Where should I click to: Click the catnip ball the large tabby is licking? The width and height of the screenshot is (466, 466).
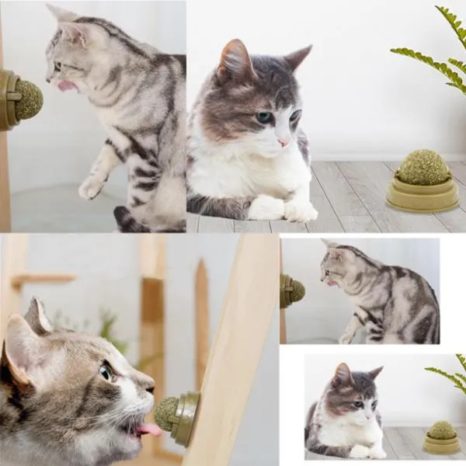click(29, 100)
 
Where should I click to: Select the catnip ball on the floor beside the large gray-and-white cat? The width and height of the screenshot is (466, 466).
click(423, 168)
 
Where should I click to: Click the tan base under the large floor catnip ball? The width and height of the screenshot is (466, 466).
click(423, 197)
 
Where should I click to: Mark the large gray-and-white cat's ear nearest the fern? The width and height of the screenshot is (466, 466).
click(297, 58)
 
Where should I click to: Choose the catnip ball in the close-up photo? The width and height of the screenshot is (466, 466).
click(166, 409)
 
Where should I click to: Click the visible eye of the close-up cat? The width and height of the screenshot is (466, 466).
click(105, 373)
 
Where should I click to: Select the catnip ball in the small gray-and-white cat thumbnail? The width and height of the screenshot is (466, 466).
click(442, 430)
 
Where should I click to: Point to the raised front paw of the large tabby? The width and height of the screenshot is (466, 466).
click(92, 186)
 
